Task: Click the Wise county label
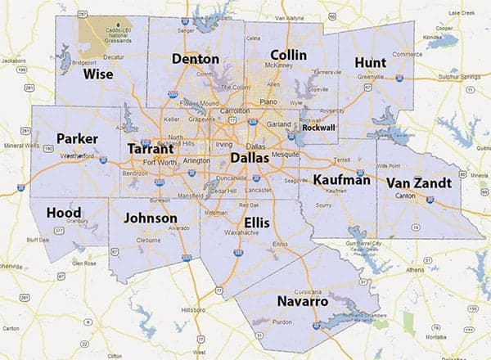point(98,74)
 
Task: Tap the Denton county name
point(195,59)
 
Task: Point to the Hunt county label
point(370,63)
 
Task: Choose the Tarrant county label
point(150,150)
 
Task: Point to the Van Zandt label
point(417,182)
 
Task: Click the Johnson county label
point(149,218)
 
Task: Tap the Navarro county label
point(304,302)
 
